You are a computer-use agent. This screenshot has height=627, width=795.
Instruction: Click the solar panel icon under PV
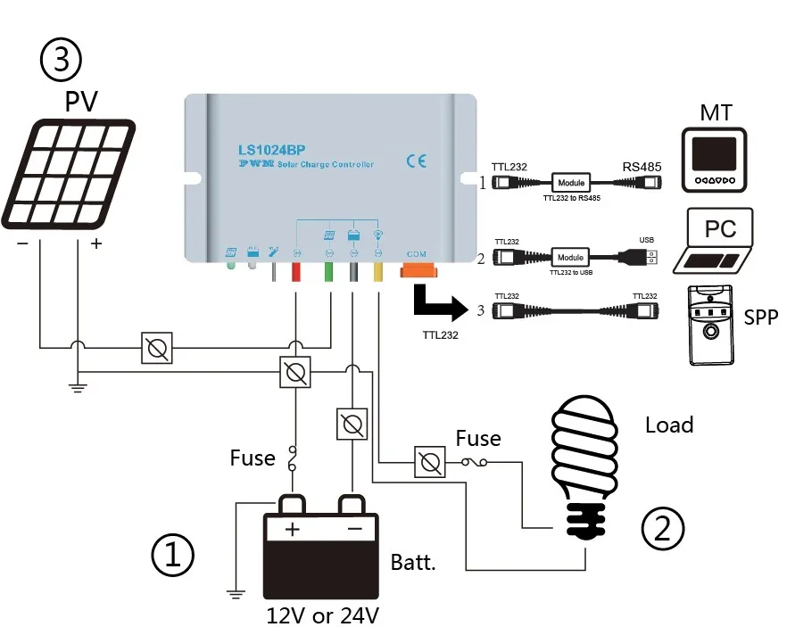click(70, 173)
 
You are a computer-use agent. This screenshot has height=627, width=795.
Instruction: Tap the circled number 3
click(62, 60)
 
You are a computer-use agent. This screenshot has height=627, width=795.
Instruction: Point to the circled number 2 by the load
click(663, 527)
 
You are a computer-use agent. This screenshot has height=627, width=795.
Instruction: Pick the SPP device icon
click(711, 325)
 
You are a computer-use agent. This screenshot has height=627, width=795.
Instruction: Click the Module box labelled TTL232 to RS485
click(570, 183)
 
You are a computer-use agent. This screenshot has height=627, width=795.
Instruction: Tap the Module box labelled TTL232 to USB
click(570, 258)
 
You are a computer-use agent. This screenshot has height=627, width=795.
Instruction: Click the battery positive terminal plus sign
click(293, 529)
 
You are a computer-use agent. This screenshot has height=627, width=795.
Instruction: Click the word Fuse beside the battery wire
click(253, 458)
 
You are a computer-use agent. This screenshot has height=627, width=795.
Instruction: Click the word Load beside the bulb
click(669, 425)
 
